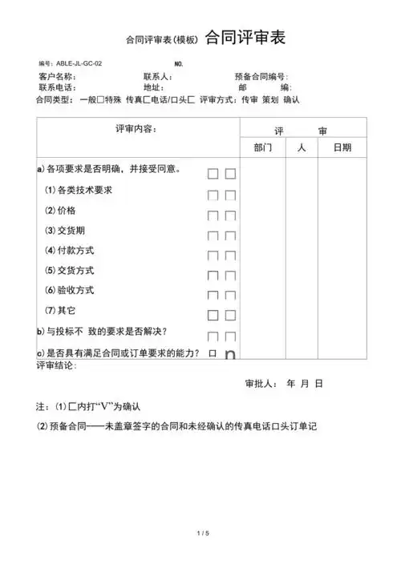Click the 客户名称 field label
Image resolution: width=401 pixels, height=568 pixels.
pyautogui.click(x=58, y=77)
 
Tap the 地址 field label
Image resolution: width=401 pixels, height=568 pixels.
pyautogui.click(x=153, y=87)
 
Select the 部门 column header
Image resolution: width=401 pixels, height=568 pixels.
pyautogui.click(x=262, y=148)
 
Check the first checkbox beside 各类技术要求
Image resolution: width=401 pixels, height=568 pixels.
pyautogui.click(x=213, y=195)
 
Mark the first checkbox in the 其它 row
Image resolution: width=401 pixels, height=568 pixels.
pyautogui.click(x=213, y=316)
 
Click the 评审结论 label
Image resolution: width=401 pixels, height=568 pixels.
pyautogui.click(x=56, y=365)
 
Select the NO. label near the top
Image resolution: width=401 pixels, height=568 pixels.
pyautogui.click(x=180, y=63)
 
